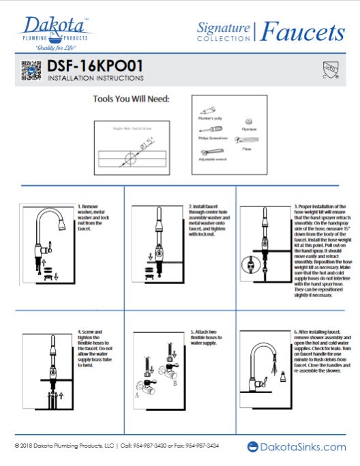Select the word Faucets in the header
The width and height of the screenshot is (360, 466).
tap(302, 31)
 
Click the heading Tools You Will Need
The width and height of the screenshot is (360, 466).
tap(131, 99)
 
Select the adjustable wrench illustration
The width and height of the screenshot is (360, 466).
tap(209, 153)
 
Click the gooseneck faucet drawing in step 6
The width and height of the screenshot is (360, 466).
tap(262, 368)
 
